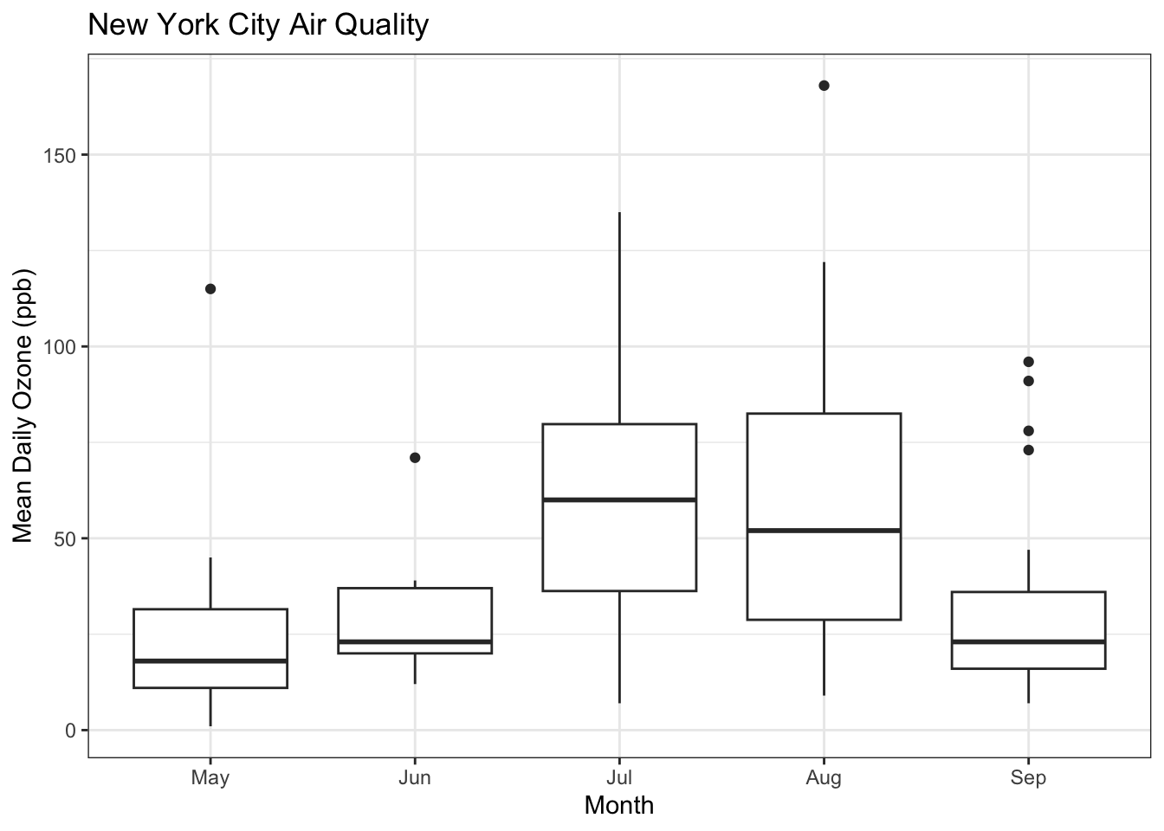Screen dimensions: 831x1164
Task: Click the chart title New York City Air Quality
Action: coord(258,24)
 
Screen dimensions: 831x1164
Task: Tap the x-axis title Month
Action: coord(618,806)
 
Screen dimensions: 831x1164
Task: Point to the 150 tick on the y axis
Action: coord(64,155)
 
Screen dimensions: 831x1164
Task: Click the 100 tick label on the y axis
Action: coord(64,347)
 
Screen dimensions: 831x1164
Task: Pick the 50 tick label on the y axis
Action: coord(68,538)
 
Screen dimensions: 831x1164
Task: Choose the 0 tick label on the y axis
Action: coord(73,731)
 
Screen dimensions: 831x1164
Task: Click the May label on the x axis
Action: coord(210,778)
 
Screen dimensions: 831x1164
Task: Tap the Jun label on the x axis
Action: coord(415,778)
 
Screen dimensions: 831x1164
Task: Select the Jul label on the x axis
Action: coord(619,778)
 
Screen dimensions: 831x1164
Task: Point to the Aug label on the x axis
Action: coord(824,778)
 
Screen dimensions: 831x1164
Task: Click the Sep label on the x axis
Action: coord(1028,778)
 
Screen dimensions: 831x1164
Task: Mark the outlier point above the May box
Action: coord(210,289)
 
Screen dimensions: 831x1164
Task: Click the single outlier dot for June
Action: coord(415,458)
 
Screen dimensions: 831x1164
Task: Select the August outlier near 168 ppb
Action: coord(824,86)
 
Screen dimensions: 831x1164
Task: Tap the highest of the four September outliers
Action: coord(1028,362)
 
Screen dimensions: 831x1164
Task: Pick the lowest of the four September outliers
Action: coord(1028,450)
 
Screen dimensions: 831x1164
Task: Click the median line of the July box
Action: coord(619,499)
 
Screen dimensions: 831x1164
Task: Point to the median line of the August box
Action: coord(824,530)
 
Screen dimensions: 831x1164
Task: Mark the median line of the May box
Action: coord(210,660)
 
